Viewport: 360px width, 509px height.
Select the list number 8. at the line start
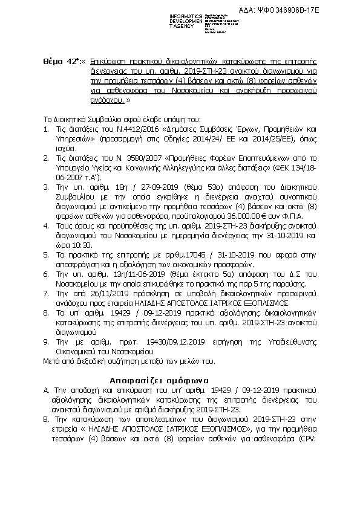coord(45,314)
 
